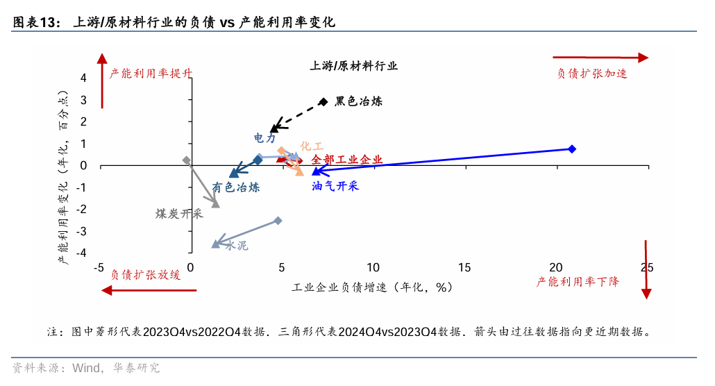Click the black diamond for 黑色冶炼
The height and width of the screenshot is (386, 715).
[x=323, y=101]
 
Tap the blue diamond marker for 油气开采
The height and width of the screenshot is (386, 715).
[x=572, y=149]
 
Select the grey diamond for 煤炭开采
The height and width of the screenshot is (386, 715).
[x=186, y=160]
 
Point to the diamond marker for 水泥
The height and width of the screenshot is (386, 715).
[x=278, y=221]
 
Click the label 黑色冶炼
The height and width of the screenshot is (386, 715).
[x=358, y=101]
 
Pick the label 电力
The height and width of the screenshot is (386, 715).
[x=264, y=139]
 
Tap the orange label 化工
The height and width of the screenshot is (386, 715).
[x=312, y=146]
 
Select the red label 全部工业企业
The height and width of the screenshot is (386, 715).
[x=347, y=160]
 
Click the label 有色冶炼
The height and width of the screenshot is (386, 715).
[x=236, y=187]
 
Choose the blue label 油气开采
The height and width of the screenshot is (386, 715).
[x=335, y=186]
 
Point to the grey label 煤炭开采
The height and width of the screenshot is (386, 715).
[x=179, y=214]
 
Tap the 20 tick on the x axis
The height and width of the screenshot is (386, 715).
[x=555, y=268]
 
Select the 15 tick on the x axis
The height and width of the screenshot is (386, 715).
[x=464, y=268]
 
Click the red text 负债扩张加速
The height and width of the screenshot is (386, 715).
[x=592, y=73]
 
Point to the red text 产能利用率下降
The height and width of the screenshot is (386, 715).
[x=578, y=281]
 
